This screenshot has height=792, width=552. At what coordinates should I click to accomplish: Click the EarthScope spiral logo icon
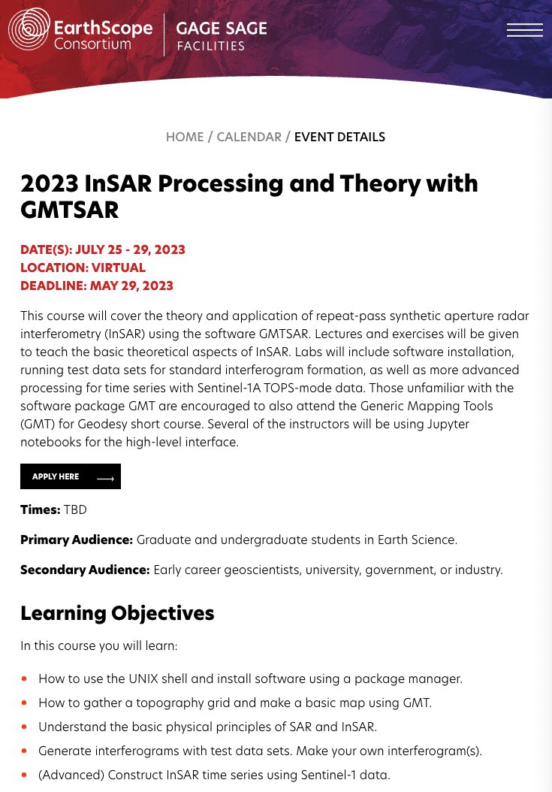pyautogui.click(x=29, y=29)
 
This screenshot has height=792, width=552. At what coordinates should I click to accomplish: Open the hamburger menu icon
pyautogui.click(x=524, y=30)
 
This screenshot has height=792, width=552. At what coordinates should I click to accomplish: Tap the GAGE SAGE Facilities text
pyautogui.click(x=221, y=35)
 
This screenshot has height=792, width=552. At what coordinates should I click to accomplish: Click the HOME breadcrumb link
pyautogui.click(x=185, y=137)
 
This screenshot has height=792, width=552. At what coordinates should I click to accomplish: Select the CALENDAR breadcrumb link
pyautogui.click(x=249, y=137)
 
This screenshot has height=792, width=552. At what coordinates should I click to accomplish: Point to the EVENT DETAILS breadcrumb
pyautogui.click(x=339, y=137)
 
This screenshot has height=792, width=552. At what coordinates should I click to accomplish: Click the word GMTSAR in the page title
pyautogui.click(x=69, y=210)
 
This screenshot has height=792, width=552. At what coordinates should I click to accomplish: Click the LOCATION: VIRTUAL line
pyautogui.click(x=83, y=268)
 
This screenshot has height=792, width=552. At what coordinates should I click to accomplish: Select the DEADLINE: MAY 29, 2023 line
pyautogui.click(x=97, y=286)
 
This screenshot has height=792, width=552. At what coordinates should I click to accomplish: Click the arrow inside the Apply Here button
pyautogui.click(x=105, y=478)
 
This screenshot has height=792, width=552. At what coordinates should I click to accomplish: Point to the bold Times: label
pyautogui.click(x=40, y=509)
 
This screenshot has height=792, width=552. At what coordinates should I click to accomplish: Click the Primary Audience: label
pyautogui.click(x=77, y=540)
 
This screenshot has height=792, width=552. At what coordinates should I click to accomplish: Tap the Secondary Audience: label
pyautogui.click(x=85, y=570)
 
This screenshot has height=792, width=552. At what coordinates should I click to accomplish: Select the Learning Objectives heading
pyautogui.click(x=117, y=613)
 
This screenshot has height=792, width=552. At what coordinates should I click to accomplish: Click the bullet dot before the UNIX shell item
pyautogui.click(x=24, y=679)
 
